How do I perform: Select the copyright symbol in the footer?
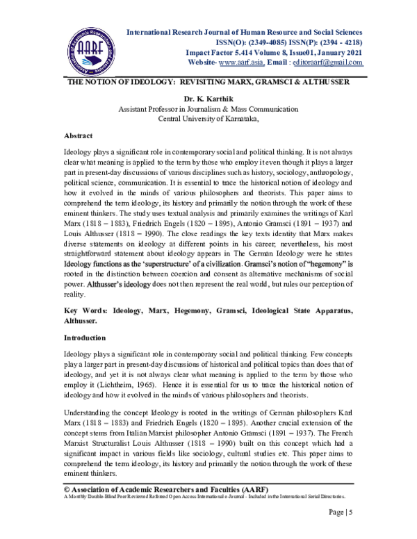pyautogui.click(x=67, y=489)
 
